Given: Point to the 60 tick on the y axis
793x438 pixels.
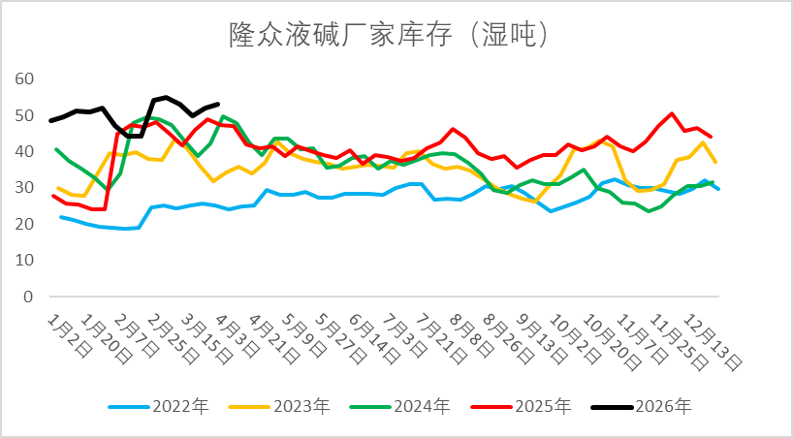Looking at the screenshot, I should (x=26, y=78).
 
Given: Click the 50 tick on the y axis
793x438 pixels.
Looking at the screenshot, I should (x=26, y=115).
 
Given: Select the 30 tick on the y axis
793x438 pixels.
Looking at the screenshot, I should (x=26, y=188).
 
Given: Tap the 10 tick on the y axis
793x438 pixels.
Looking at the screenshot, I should (x=26, y=261).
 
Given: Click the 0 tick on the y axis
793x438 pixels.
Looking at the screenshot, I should (x=30, y=297).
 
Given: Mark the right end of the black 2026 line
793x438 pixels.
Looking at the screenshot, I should (x=219, y=104).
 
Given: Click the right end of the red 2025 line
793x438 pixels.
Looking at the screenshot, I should (x=712, y=137).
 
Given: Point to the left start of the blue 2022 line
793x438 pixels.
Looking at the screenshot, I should (x=61, y=217).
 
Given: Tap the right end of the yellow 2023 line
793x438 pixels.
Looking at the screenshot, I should (x=715, y=162).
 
